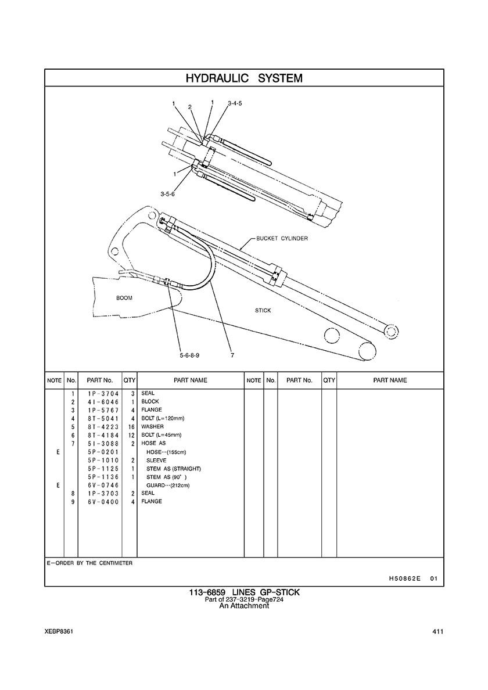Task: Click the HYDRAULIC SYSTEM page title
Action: [x=244, y=78]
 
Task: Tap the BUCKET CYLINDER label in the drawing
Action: [x=282, y=239]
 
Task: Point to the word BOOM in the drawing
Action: [x=124, y=298]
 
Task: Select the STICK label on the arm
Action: [x=263, y=311]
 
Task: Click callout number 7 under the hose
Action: [x=232, y=355]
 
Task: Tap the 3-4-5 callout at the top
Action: [x=235, y=103]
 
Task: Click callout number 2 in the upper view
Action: [x=190, y=107]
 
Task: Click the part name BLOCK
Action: [x=150, y=402]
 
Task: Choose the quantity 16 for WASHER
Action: [x=131, y=427]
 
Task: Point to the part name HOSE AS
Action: [x=153, y=444]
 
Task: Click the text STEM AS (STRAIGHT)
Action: [x=173, y=469]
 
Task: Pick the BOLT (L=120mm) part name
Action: [x=162, y=419]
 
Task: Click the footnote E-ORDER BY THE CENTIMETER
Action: [x=89, y=563]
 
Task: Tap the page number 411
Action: [x=438, y=632]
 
